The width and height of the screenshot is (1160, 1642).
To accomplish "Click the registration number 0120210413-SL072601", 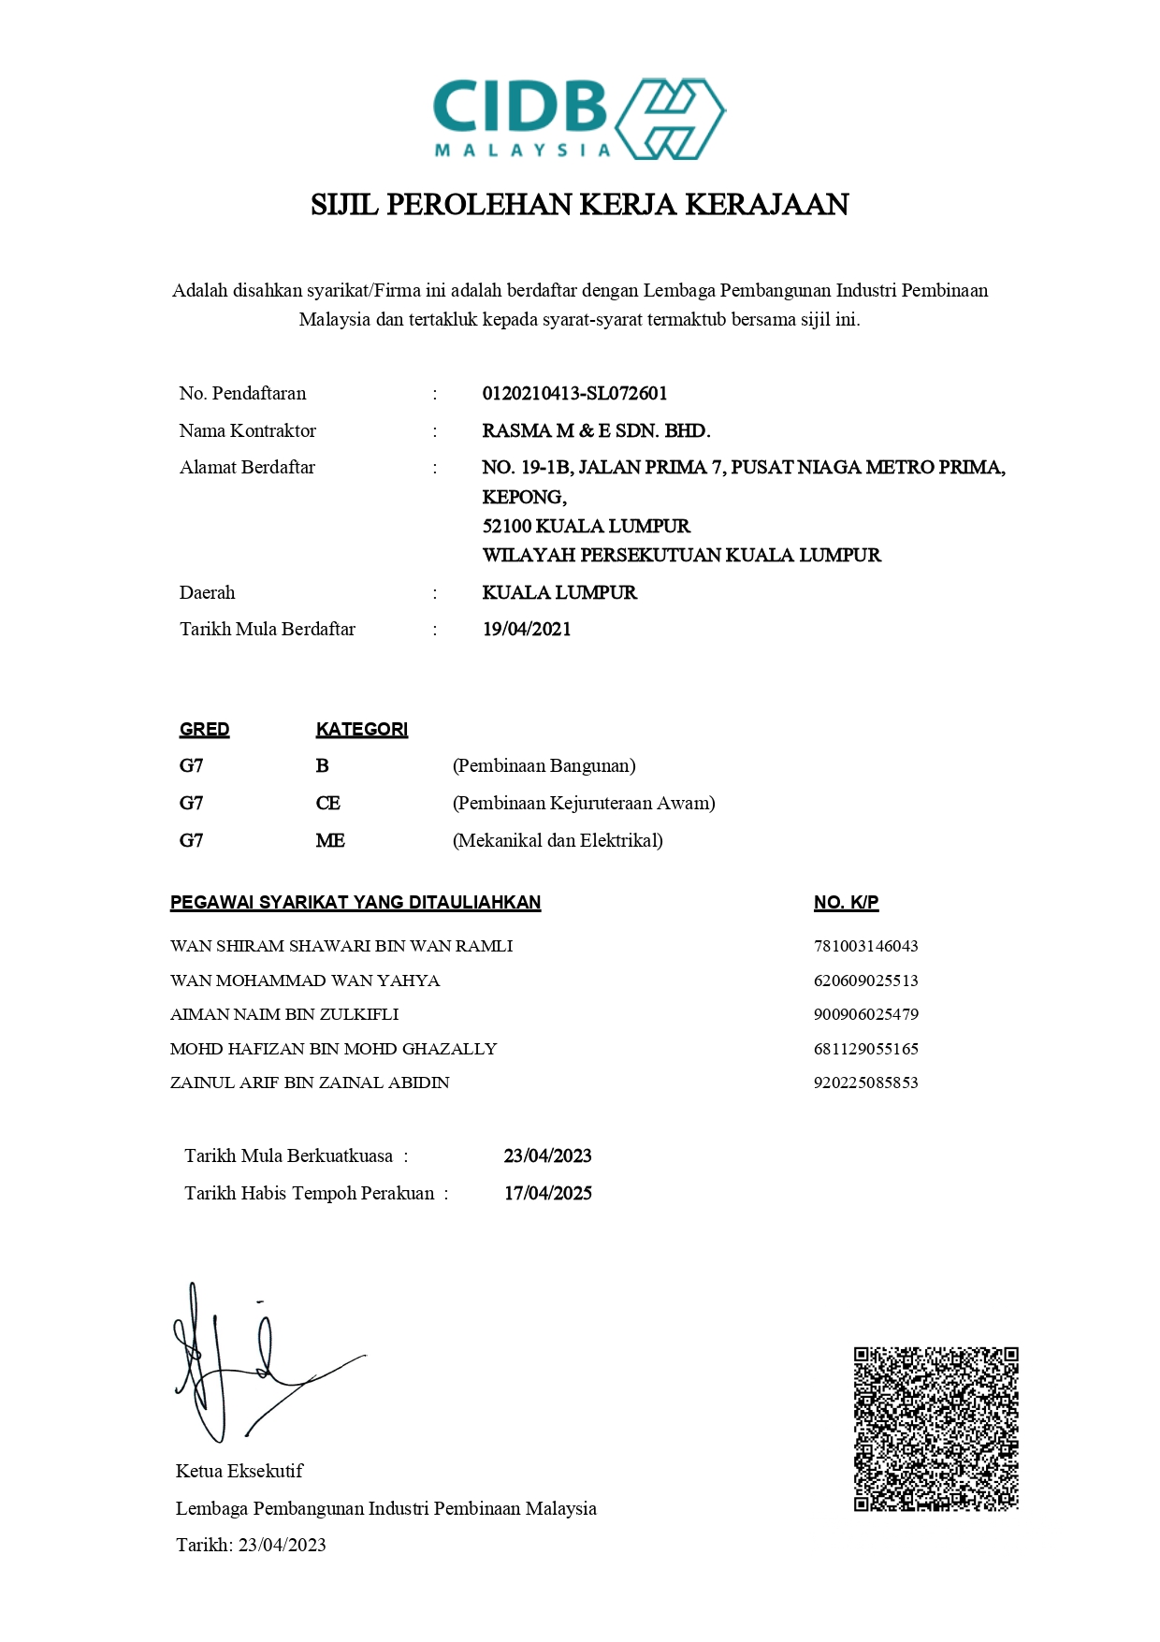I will tap(574, 394).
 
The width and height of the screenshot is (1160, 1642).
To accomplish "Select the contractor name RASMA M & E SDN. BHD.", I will tap(596, 431).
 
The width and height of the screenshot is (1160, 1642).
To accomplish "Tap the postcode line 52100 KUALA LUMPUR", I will tap(586, 527).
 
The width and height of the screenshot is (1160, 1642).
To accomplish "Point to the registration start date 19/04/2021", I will tap(527, 630).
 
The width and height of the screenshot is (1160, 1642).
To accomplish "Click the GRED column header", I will tap(204, 730).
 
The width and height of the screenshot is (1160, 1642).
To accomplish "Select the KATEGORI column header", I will tap(361, 730).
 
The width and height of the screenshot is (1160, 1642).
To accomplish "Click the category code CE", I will tap(327, 804).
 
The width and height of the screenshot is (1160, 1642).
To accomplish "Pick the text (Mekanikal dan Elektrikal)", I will tap(558, 841).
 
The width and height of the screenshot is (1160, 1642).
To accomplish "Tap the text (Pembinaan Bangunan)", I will tap(544, 766).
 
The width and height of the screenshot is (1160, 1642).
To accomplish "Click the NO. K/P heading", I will tap(846, 903).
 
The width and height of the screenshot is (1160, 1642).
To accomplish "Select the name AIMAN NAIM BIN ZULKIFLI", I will tap(284, 1015).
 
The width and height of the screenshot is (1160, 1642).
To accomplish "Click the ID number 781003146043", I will tap(865, 947).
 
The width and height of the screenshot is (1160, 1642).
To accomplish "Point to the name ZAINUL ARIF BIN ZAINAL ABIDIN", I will tap(310, 1083).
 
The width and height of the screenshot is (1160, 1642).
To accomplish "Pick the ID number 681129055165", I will tap(865, 1050).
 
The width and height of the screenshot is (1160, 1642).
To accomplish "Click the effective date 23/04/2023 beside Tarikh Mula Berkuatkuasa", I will tap(547, 1156).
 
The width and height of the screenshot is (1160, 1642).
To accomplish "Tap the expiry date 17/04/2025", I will tap(547, 1194).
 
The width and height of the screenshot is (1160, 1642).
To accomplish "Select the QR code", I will tap(935, 1429).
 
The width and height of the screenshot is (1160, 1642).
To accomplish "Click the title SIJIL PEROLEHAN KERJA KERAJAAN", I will tap(579, 205).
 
